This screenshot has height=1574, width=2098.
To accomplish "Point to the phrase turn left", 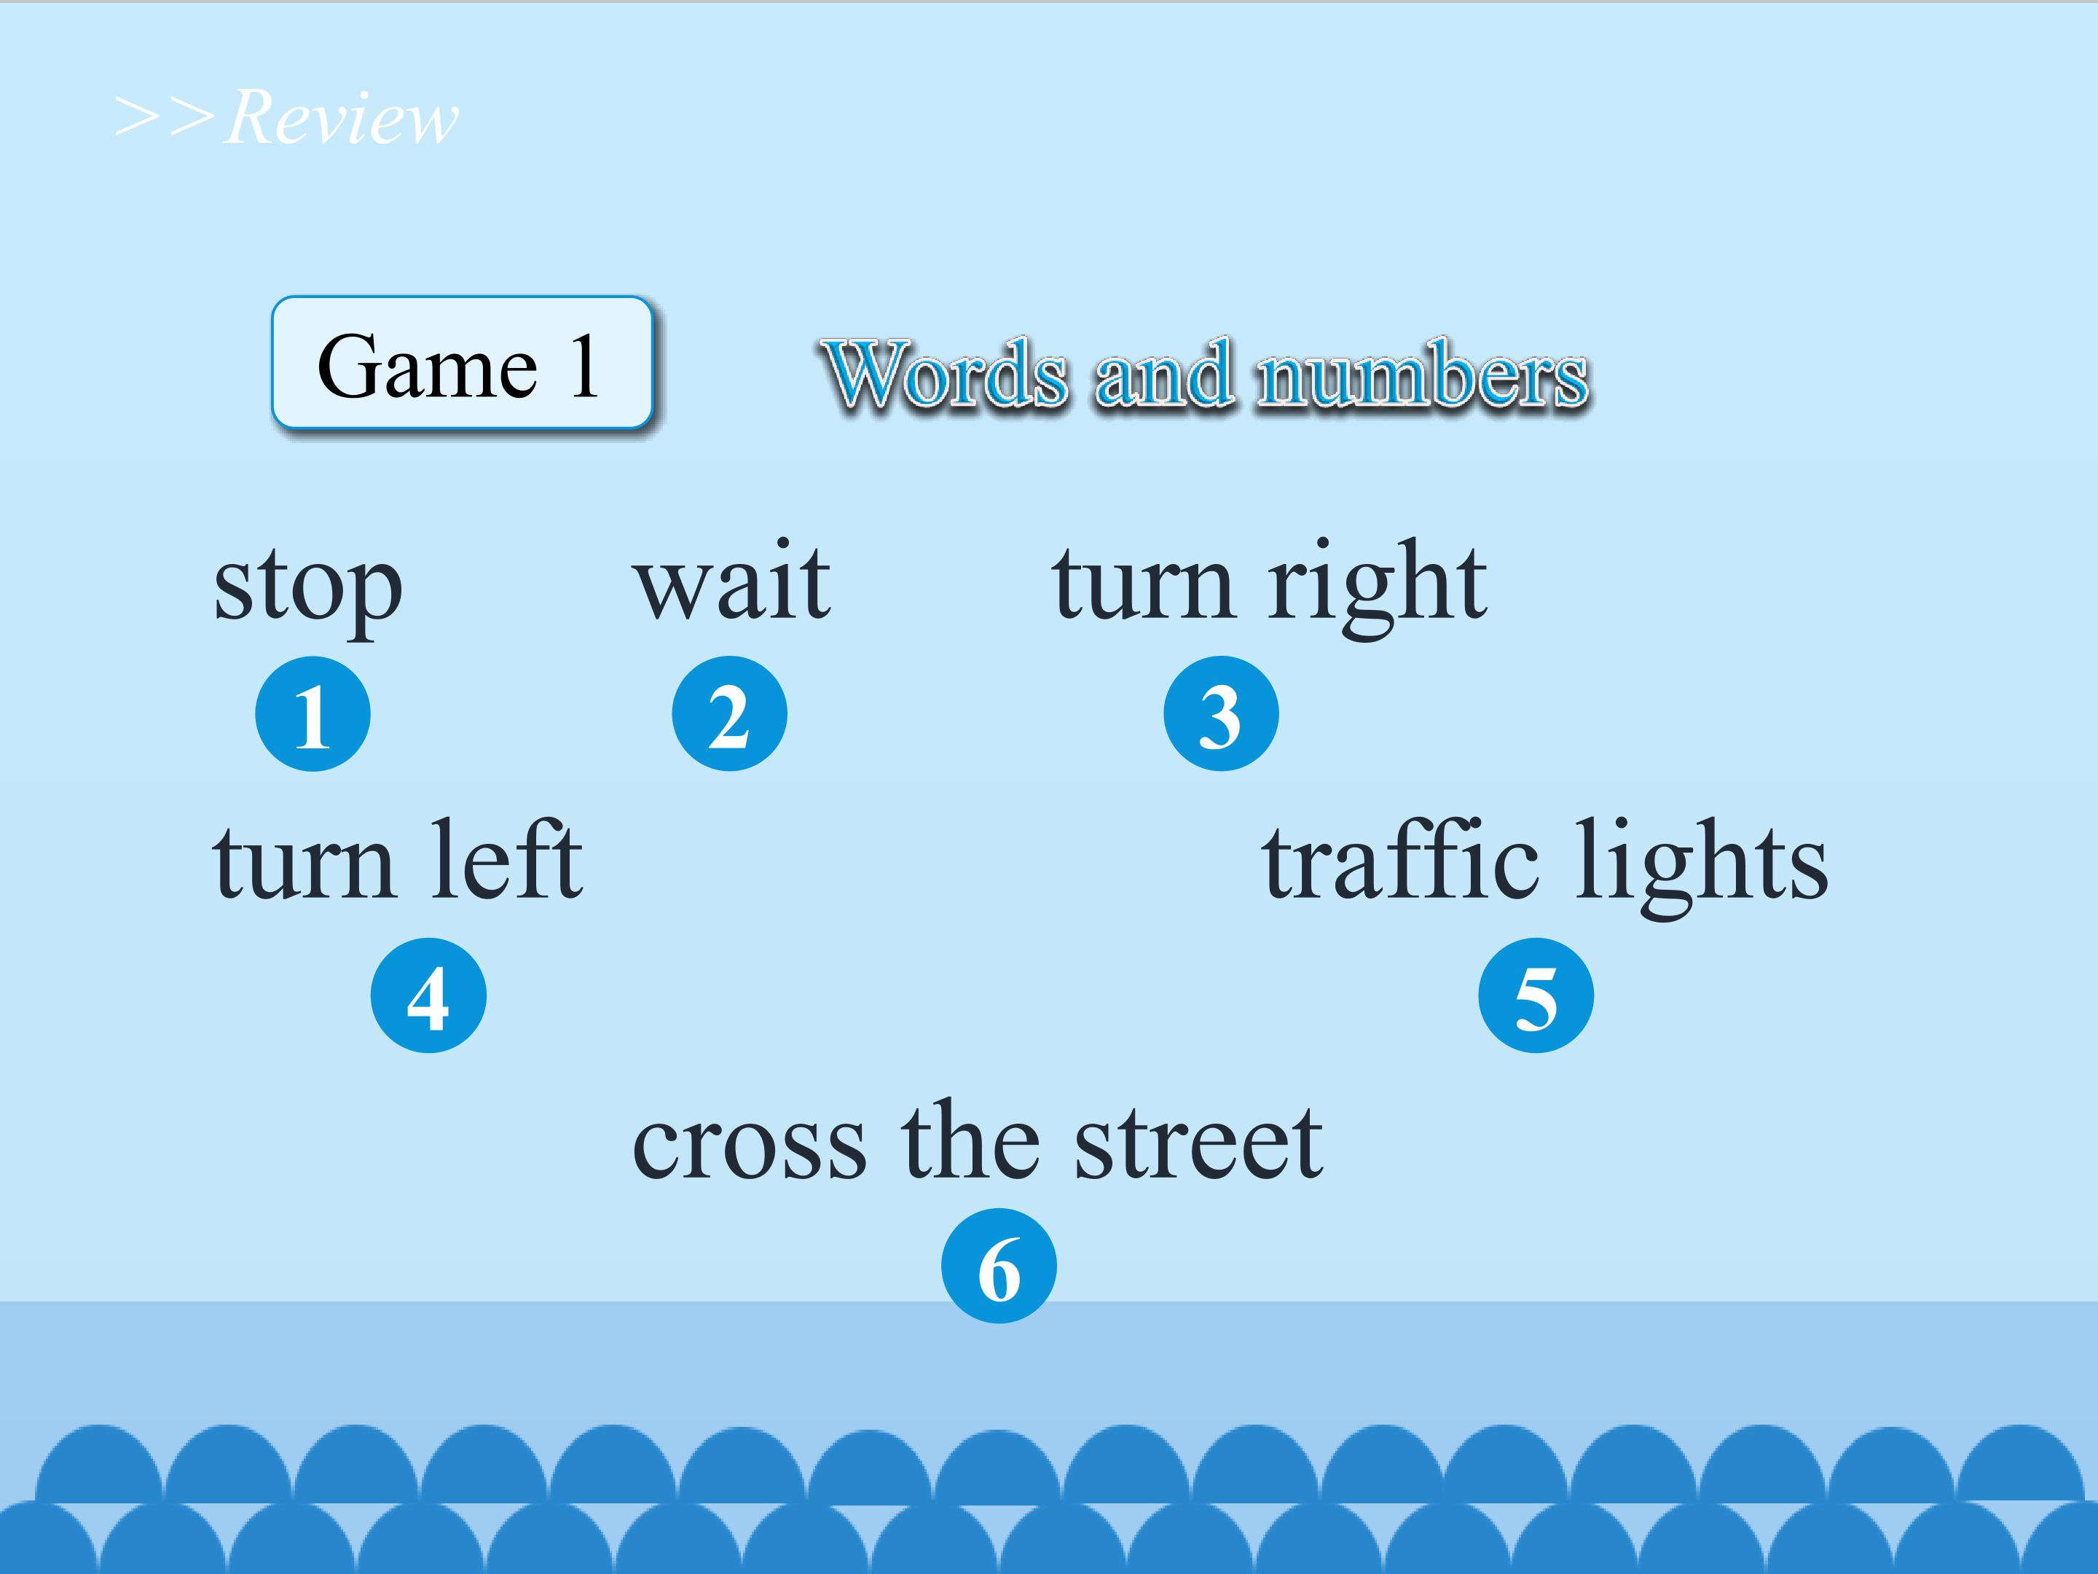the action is (x=398, y=858).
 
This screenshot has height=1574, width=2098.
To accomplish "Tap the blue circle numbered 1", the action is (x=313, y=713).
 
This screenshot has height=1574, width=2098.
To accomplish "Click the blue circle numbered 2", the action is (x=729, y=713).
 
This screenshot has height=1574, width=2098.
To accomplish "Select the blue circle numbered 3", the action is (x=1221, y=713).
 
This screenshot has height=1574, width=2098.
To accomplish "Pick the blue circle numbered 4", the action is (x=428, y=995).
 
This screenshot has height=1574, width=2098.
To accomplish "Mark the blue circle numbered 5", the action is (x=1536, y=995).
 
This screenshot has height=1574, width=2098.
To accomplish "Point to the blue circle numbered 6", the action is (x=999, y=1266).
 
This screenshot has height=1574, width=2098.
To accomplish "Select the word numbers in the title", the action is (x=1423, y=374).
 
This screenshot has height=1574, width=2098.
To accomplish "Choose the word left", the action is (x=508, y=858).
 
